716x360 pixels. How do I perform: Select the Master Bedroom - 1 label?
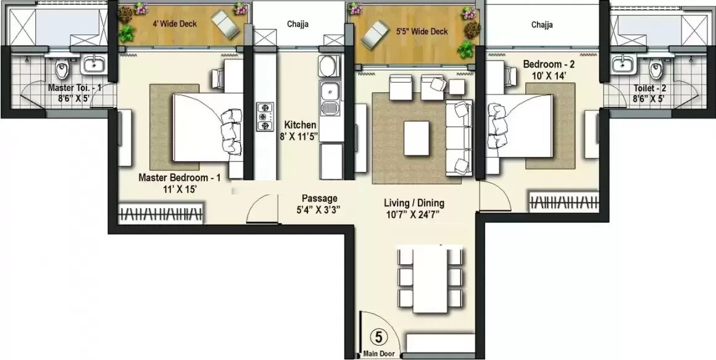pyautogui.click(x=179, y=177)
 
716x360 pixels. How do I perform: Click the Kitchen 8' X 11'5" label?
pyautogui.click(x=301, y=131)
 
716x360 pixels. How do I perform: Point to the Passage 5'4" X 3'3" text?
pyautogui.click(x=319, y=204)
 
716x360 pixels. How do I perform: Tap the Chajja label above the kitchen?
pyautogui.click(x=298, y=25)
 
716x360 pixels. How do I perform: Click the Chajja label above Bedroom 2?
pyautogui.click(x=541, y=25)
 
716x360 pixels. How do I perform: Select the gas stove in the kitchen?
pyautogui.click(x=265, y=116)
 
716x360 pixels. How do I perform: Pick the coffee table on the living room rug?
pyautogui.click(x=417, y=138)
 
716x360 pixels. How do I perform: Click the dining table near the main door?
pyautogui.click(x=430, y=280)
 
